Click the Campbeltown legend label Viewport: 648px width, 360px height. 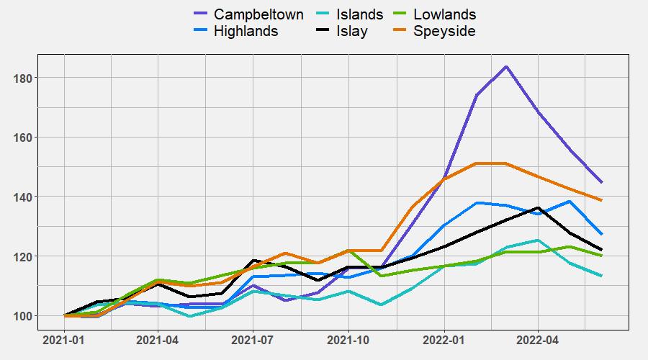(x=258, y=14)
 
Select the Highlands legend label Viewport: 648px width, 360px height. (x=246, y=31)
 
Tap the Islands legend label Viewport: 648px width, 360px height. (x=360, y=14)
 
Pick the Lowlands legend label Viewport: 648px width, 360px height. (x=444, y=14)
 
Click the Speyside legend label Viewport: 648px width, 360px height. (x=444, y=31)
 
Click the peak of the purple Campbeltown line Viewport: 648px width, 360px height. (x=507, y=67)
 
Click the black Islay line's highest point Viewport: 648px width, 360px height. (x=538, y=208)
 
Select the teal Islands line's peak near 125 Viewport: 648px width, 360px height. (x=538, y=240)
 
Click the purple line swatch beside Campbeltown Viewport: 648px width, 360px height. (x=201, y=14)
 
